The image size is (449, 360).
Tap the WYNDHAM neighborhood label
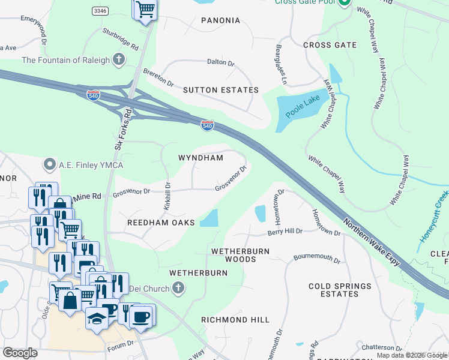point(200,158)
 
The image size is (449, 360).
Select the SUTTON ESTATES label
point(220,90)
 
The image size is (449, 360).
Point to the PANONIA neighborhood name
point(220,20)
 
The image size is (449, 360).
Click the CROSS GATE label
point(330,45)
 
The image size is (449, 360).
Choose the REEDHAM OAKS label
point(161,223)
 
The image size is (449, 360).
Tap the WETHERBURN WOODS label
point(240,255)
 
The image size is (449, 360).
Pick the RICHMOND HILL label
point(235,320)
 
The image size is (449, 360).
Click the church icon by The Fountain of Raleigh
point(119,59)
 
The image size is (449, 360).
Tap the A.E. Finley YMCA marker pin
point(49,164)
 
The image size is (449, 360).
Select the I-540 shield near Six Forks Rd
point(93,95)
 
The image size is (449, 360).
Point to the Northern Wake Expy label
point(372,243)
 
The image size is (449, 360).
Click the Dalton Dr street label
point(220,62)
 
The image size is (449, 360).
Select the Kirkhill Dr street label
point(168,196)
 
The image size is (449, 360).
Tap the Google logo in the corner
point(20,353)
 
